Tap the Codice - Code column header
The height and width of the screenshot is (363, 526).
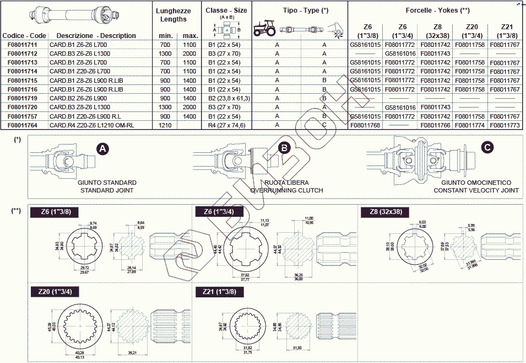coord(24,36)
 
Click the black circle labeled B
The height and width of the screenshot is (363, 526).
coord(284,148)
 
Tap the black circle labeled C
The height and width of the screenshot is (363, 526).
coord(487,147)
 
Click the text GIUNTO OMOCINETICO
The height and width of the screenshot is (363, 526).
coord(476,183)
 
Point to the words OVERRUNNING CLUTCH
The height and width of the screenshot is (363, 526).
coord(286,190)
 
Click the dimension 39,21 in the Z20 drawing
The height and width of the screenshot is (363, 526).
coord(133,353)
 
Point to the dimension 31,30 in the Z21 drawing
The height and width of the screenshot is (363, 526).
coord(297,348)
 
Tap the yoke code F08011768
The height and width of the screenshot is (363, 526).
coord(365,125)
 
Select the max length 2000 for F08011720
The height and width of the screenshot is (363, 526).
coord(189,107)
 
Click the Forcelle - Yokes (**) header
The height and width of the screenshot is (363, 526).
coord(437,10)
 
